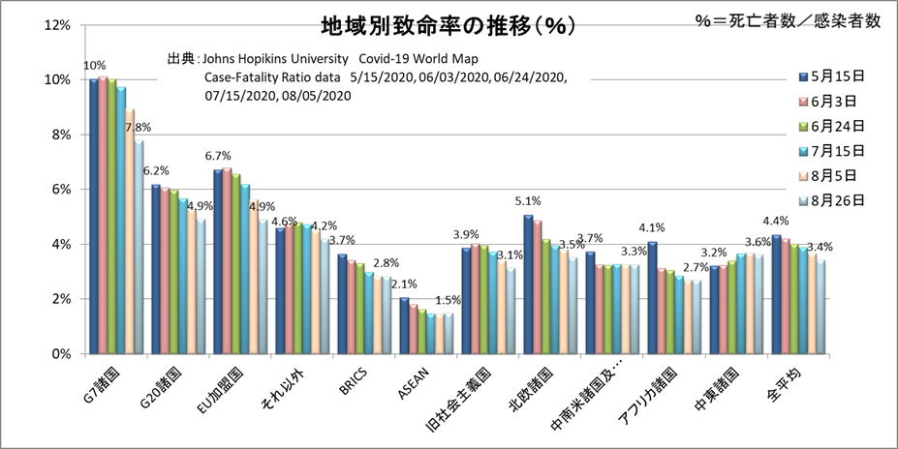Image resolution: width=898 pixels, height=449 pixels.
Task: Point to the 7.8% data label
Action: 139,127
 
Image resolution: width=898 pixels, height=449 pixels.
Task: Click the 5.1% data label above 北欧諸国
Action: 528,201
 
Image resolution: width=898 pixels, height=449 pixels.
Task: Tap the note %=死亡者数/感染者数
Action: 788,21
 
